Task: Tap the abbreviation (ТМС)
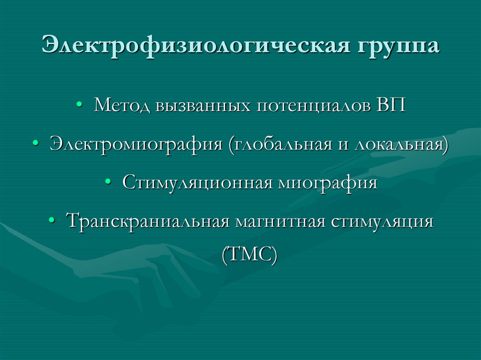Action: click(x=249, y=255)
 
